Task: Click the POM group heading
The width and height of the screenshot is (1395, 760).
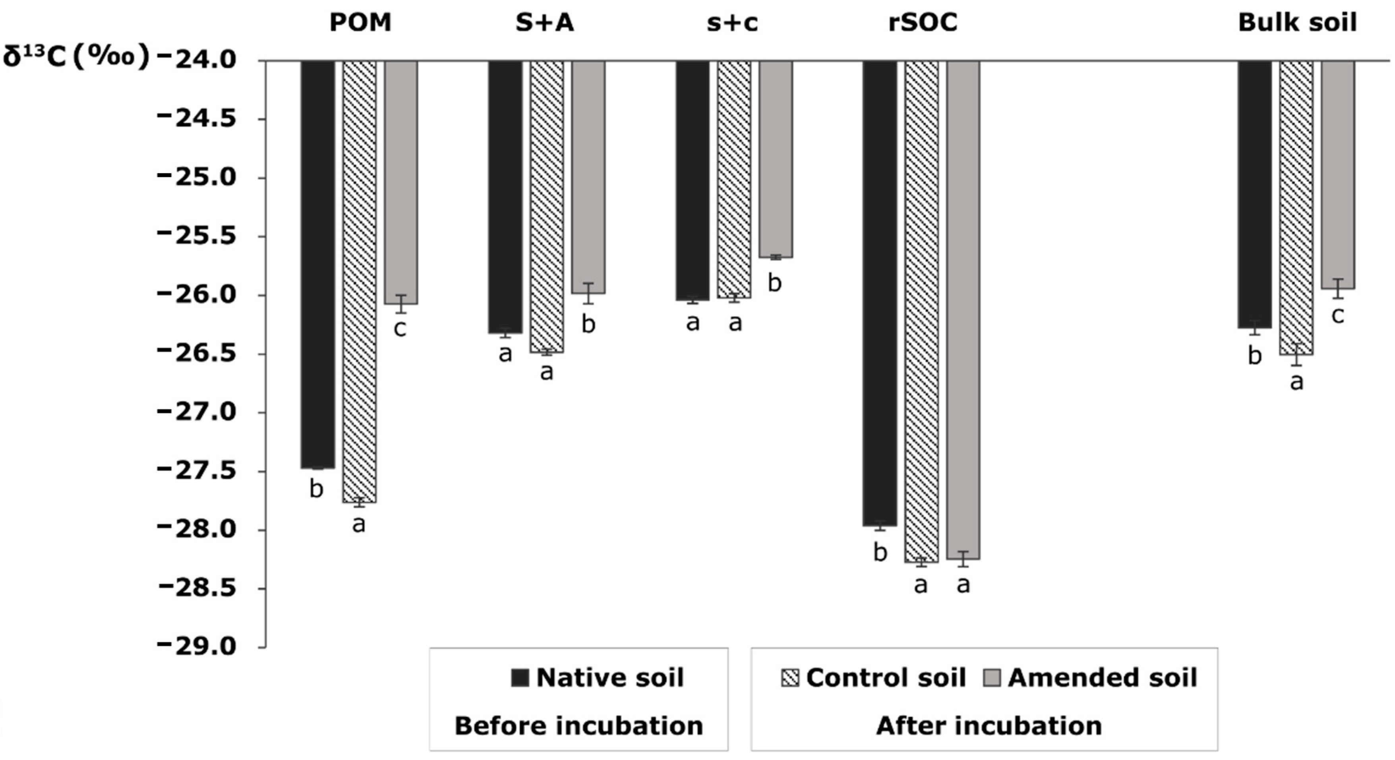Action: click(x=360, y=23)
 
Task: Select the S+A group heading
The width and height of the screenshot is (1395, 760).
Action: click(x=544, y=23)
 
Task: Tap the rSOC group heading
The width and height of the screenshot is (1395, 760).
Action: click(x=923, y=23)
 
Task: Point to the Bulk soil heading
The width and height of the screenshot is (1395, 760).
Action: click(x=1298, y=23)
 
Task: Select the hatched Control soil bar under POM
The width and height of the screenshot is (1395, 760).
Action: click(x=360, y=282)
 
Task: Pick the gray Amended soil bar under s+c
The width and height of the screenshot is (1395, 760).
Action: click(x=776, y=159)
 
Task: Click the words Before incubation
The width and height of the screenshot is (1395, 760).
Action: click(x=579, y=725)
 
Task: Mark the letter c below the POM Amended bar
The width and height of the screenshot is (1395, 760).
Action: click(x=400, y=328)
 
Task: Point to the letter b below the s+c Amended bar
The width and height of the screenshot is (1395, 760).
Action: click(x=775, y=283)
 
